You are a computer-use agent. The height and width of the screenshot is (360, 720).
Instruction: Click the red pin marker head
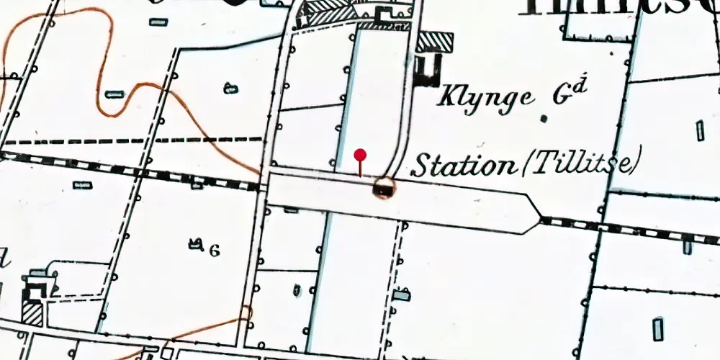pos(360,154)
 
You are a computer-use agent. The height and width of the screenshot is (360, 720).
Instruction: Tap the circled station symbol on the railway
pos(384,189)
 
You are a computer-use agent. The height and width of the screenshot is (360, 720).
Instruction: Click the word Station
pos(462,166)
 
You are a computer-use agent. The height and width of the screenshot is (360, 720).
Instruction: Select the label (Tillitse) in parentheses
pos(579,165)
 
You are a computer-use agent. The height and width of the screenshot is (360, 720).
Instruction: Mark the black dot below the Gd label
pos(544,118)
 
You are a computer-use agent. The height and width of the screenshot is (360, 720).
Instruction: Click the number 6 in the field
pos(214,250)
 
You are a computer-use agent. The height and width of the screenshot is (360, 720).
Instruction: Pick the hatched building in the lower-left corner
pos(32,313)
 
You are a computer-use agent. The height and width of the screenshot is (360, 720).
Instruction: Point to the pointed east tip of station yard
pos(539,216)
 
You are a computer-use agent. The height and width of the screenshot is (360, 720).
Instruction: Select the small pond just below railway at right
pos(688,247)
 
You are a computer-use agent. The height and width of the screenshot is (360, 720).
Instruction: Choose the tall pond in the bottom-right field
pos(658,328)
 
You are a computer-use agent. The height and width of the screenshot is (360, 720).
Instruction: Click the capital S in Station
pos(420,166)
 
